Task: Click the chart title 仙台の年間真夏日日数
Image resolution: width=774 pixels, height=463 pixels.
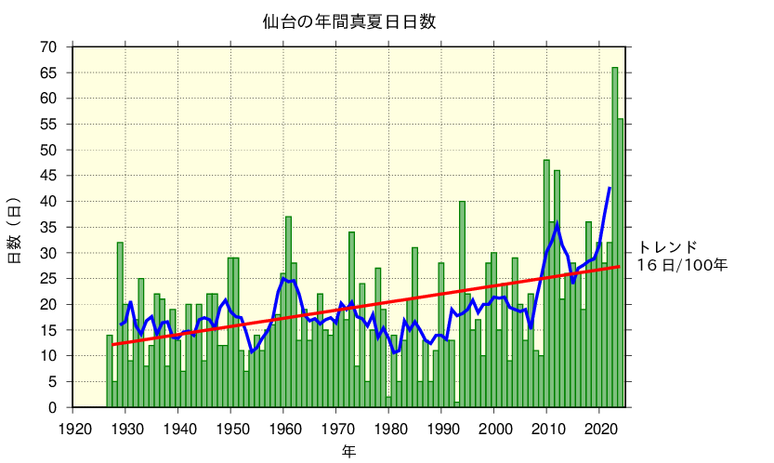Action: click(x=348, y=20)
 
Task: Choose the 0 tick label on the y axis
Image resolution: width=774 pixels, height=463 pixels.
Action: click(x=53, y=407)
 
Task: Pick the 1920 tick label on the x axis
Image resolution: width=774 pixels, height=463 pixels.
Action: click(x=74, y=428)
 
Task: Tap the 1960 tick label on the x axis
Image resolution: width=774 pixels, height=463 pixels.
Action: click(x=285, y=428)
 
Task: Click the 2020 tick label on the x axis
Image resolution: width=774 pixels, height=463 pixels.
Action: click(x=600, y=428)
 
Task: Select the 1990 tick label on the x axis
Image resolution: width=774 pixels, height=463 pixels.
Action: click(x=442, y=428)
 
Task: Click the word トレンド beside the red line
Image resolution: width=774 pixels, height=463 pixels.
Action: click(x=666, y=247)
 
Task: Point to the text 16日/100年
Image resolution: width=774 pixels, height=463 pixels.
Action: click(x=682, y=265)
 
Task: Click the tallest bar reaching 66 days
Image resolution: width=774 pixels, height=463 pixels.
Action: click(x=615, y=232)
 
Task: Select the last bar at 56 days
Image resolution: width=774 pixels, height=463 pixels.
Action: click(x=621, y=260)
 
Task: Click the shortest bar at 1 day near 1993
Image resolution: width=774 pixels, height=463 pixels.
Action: click(x=457, y=404)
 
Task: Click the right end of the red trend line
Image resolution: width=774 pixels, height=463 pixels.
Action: click(x=619, y=267)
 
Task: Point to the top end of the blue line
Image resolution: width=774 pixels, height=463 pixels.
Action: click(x=610, y=188)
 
